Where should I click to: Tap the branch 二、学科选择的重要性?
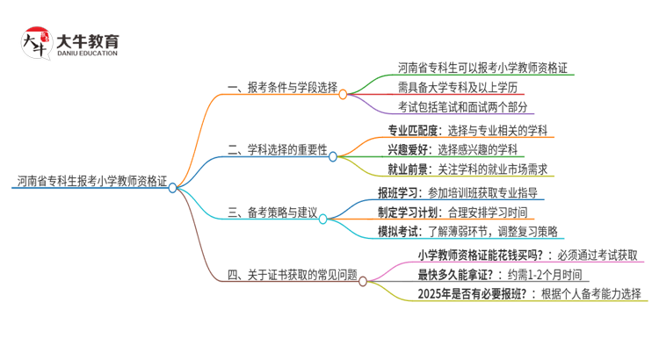tap(276, 152)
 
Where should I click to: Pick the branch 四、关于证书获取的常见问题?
tap(292, 276)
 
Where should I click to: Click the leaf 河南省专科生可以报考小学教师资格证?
tap(482, 67)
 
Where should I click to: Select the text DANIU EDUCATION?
tap(87, 54)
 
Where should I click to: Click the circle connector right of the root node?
tap(172, 187)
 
